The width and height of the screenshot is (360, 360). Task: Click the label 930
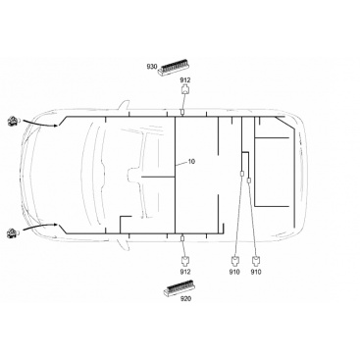[151, 67]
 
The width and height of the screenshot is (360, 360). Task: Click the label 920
[185, 298]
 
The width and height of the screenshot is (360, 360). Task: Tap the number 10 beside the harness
[191, 161]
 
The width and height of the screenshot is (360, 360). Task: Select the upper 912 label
[185, 80]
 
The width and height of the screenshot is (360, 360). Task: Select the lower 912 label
[185, 272]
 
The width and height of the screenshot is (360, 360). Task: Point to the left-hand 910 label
[234, 272]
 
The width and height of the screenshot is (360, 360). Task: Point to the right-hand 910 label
[256, 272]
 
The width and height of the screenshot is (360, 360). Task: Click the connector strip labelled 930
[175, 67]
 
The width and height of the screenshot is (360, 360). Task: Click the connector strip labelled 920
[180, 287]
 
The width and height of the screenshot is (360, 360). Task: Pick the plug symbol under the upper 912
[185, 89]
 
